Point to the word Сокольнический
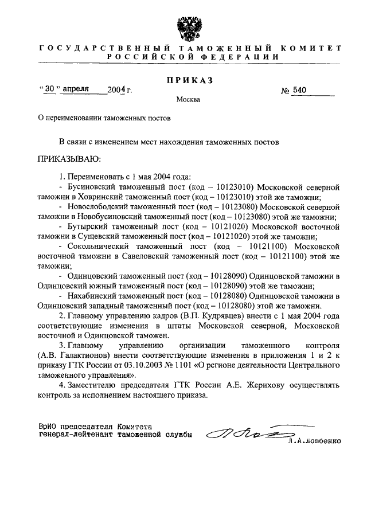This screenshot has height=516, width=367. click(100, 247)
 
